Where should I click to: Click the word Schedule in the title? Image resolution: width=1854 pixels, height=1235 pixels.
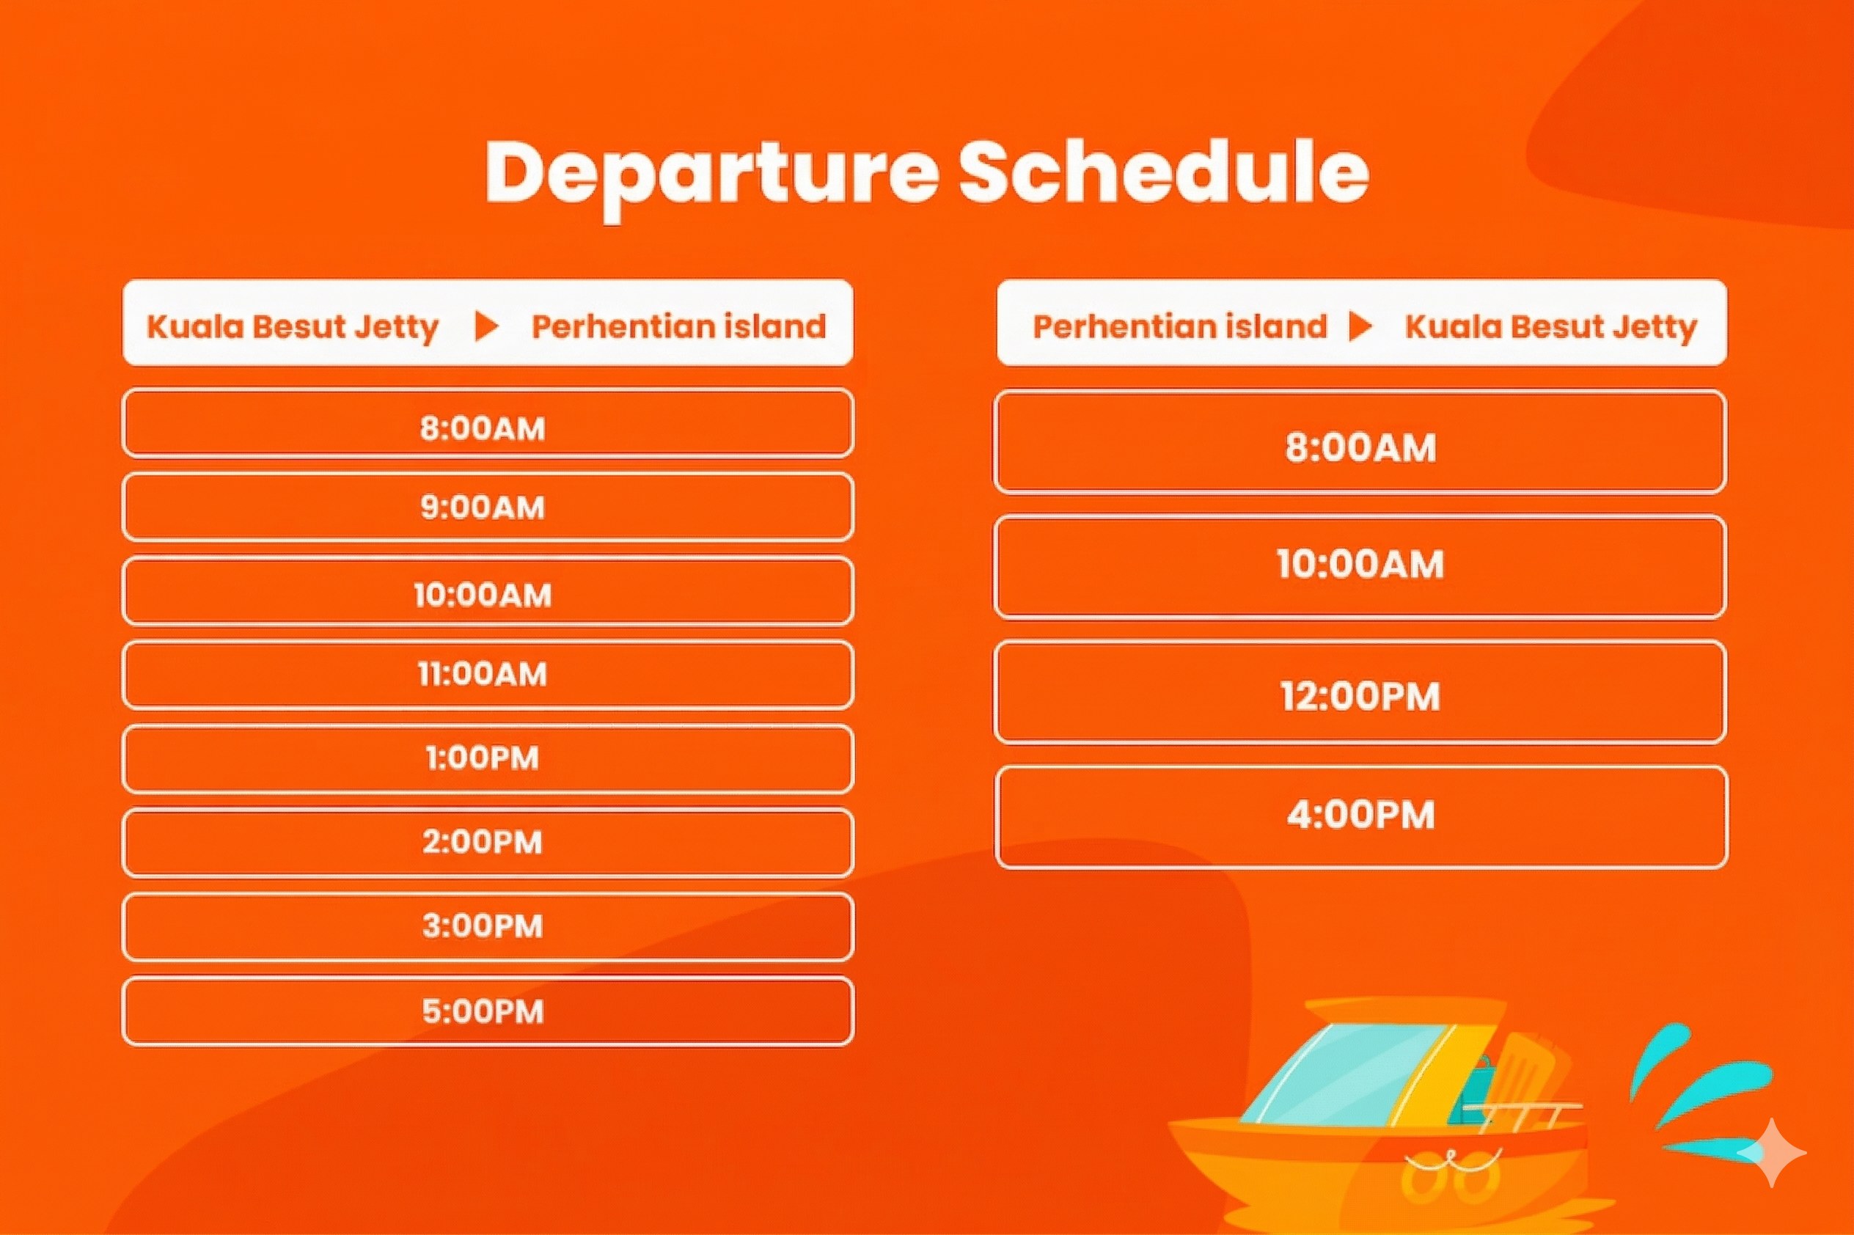(x=1163, y=172)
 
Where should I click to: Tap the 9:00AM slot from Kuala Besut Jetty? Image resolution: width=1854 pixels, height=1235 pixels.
(x=483, y=507)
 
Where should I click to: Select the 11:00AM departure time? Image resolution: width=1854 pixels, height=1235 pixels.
(x=482, y=674)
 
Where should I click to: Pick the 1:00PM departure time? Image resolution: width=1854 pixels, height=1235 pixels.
(x=483, y=758)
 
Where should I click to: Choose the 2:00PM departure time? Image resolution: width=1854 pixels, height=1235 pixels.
(x=483, y=842)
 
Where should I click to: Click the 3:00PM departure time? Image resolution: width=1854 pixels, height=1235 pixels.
(x=483, y=926)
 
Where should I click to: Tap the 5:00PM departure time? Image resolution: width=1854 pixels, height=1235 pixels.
(x=483, y=1011)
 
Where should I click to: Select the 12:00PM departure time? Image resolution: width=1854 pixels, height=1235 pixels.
(x=1360, y=696)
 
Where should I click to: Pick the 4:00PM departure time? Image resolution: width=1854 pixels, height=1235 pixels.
(x=1361, y=814)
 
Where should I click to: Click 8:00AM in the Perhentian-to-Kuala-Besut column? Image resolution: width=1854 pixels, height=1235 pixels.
(x=1361, y=447)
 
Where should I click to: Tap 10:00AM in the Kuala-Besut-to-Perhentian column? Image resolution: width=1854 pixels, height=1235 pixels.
(x=483, y=595)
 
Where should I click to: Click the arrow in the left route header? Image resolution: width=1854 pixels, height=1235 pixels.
(x=487, y=326)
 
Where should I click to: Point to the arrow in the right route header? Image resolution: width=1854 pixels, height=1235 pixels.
(x=1360, y=326)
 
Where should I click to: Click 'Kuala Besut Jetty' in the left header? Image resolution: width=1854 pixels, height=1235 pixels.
(x=292, y=327)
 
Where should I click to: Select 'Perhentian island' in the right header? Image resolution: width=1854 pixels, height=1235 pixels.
(x=1180, y=326)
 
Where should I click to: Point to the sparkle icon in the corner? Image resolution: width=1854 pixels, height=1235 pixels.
(x=1771, y=1152)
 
